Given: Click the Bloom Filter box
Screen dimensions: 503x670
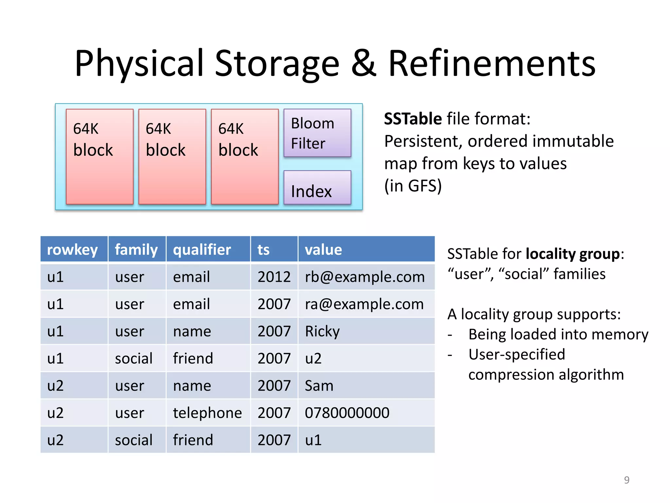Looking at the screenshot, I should (x=317, y=133).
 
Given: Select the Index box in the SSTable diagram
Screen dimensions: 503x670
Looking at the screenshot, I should (x=317, y=188).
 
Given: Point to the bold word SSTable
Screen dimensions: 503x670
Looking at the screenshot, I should (x=413, y=119).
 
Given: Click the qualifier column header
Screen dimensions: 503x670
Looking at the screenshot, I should (x=202, y=250).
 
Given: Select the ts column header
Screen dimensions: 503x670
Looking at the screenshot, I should (x=264, y=250).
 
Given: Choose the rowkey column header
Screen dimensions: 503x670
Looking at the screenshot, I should (x=72, y=250).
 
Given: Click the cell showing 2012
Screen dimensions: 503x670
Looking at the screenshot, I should (x=274, y=277).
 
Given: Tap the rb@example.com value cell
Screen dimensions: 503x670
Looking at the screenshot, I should (x=364, y=277).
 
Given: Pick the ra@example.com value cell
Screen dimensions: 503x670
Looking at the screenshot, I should (x=364, y=304).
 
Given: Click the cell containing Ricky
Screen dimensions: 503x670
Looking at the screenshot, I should (x=322, y=331).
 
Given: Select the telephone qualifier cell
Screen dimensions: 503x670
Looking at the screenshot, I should (x=207, y=413).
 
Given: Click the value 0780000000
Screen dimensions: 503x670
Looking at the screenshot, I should (x=347, y=413).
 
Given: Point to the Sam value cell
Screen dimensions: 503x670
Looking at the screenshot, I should (x=319, y=386).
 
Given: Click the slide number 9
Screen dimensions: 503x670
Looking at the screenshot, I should (x=626, y=480).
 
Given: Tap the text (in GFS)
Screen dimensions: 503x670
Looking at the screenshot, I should (x=413, y=186).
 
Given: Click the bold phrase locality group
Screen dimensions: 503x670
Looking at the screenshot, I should (x=573, y=254).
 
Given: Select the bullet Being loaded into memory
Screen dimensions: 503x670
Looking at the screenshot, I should (x=558, y=334).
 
